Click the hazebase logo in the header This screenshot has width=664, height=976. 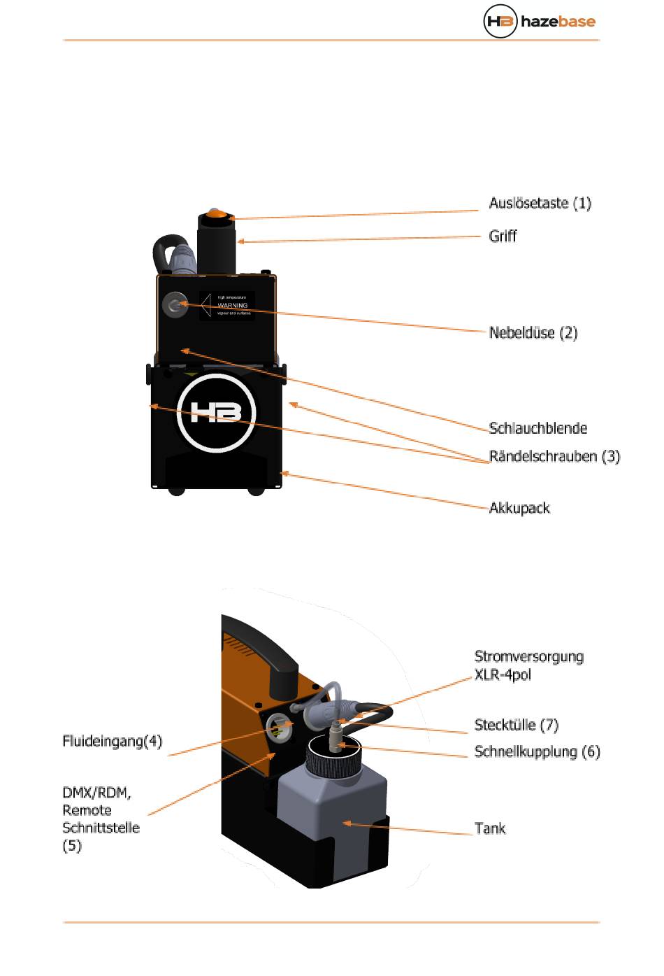(x=540, y=21)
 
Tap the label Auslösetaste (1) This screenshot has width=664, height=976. (x=540, y=204)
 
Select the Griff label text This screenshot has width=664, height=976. (x=503, y=236)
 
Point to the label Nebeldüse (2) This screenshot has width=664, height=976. (x=533, y=333)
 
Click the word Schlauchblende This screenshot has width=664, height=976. (x=537, y=428)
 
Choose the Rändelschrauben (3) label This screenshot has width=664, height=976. (x=554, y=457)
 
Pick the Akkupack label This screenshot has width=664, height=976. (x=519, y=508)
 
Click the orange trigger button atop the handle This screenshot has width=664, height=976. (x=216, y=214)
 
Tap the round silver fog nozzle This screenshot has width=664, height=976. (x=174, y=305)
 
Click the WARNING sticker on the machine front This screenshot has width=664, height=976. (x=227, y=306)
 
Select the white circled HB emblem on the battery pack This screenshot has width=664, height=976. (x=216, y=412)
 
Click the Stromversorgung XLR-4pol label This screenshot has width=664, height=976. (x=528, y=665)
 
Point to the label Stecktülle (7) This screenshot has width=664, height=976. (x=516, y=725)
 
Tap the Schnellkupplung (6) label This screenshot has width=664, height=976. (x=537, y=752)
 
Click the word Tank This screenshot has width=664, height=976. (x=489, y=829)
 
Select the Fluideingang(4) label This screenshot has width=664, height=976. (x=113, y=741)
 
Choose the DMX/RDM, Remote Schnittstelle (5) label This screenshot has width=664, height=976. (x=101, y=819)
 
